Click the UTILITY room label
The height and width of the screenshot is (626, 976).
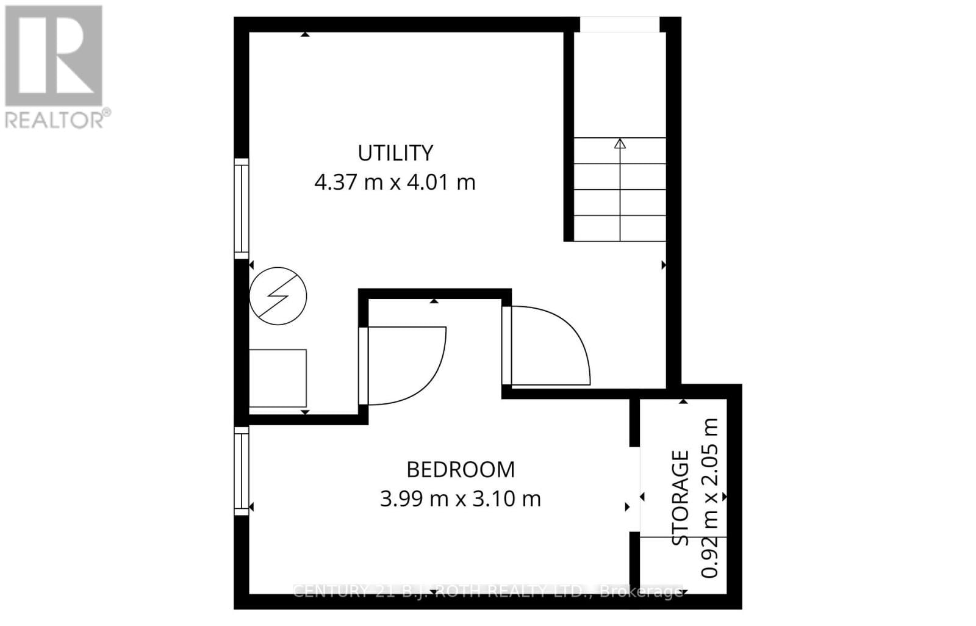[x=395, y=153]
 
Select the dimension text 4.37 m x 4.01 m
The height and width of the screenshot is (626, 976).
[x=395, y=182]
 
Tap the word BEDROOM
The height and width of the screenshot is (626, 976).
[x=461, y=470]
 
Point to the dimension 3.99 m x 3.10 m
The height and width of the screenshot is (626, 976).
[x=461, y=499]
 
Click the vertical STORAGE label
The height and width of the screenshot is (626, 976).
[x=680, y=497]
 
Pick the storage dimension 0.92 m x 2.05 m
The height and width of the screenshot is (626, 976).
[x=709, y=497]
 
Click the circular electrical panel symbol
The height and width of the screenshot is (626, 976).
[x=278, y=296]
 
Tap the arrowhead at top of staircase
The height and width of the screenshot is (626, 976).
[x=620, y=144]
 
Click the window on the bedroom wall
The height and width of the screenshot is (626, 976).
[x=242, y=470]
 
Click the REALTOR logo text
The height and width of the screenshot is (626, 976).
[x=58, y=118]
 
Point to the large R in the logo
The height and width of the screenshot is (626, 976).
[x=54, y=56]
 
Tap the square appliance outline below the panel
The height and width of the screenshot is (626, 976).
[x=278, y=378]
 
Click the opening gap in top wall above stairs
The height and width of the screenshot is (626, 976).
[x=619, y=24]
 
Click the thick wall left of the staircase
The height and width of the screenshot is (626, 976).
[x=568, y=134]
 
